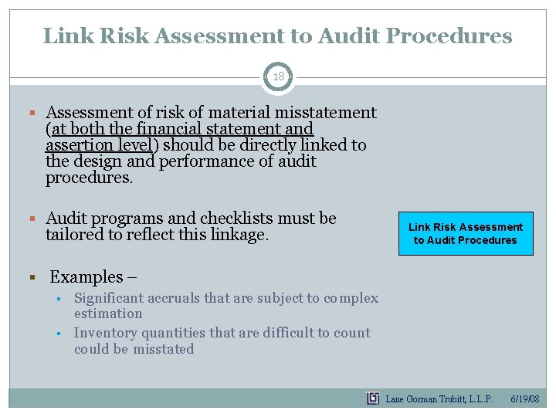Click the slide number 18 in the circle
(278, 77)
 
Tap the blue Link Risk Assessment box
(465, 233)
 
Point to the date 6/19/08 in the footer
(525, 398)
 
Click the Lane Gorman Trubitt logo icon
(373, 398)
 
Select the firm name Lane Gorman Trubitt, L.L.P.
(439, 398)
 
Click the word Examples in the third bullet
(86, 276)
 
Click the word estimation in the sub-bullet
(108, 314)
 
